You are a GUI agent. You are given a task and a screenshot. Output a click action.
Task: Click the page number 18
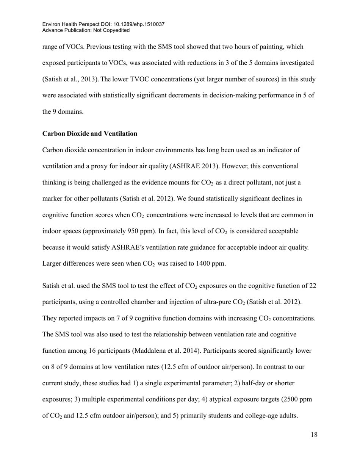(x=314, y=435)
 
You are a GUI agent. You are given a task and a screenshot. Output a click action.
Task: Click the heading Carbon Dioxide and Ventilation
(x=90, y=134)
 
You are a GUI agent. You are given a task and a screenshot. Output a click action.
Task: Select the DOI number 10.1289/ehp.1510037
(x=139, y=24)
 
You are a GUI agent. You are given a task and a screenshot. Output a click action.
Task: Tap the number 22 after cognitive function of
(x=313, y=286)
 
